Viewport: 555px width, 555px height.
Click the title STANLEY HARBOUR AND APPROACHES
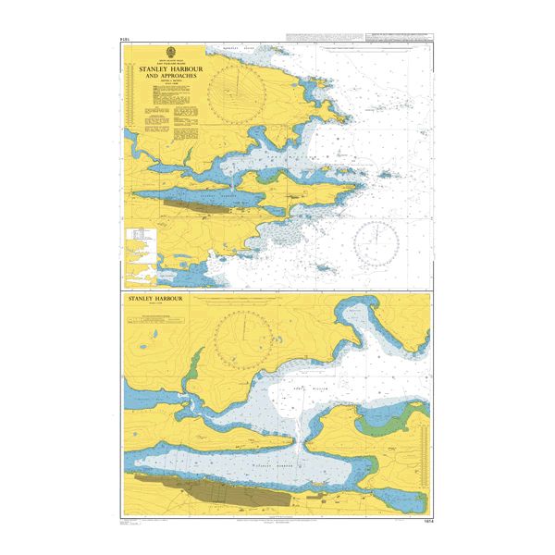(x=168, y=73)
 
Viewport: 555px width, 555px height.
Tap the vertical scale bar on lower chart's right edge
(x=426, y=444)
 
